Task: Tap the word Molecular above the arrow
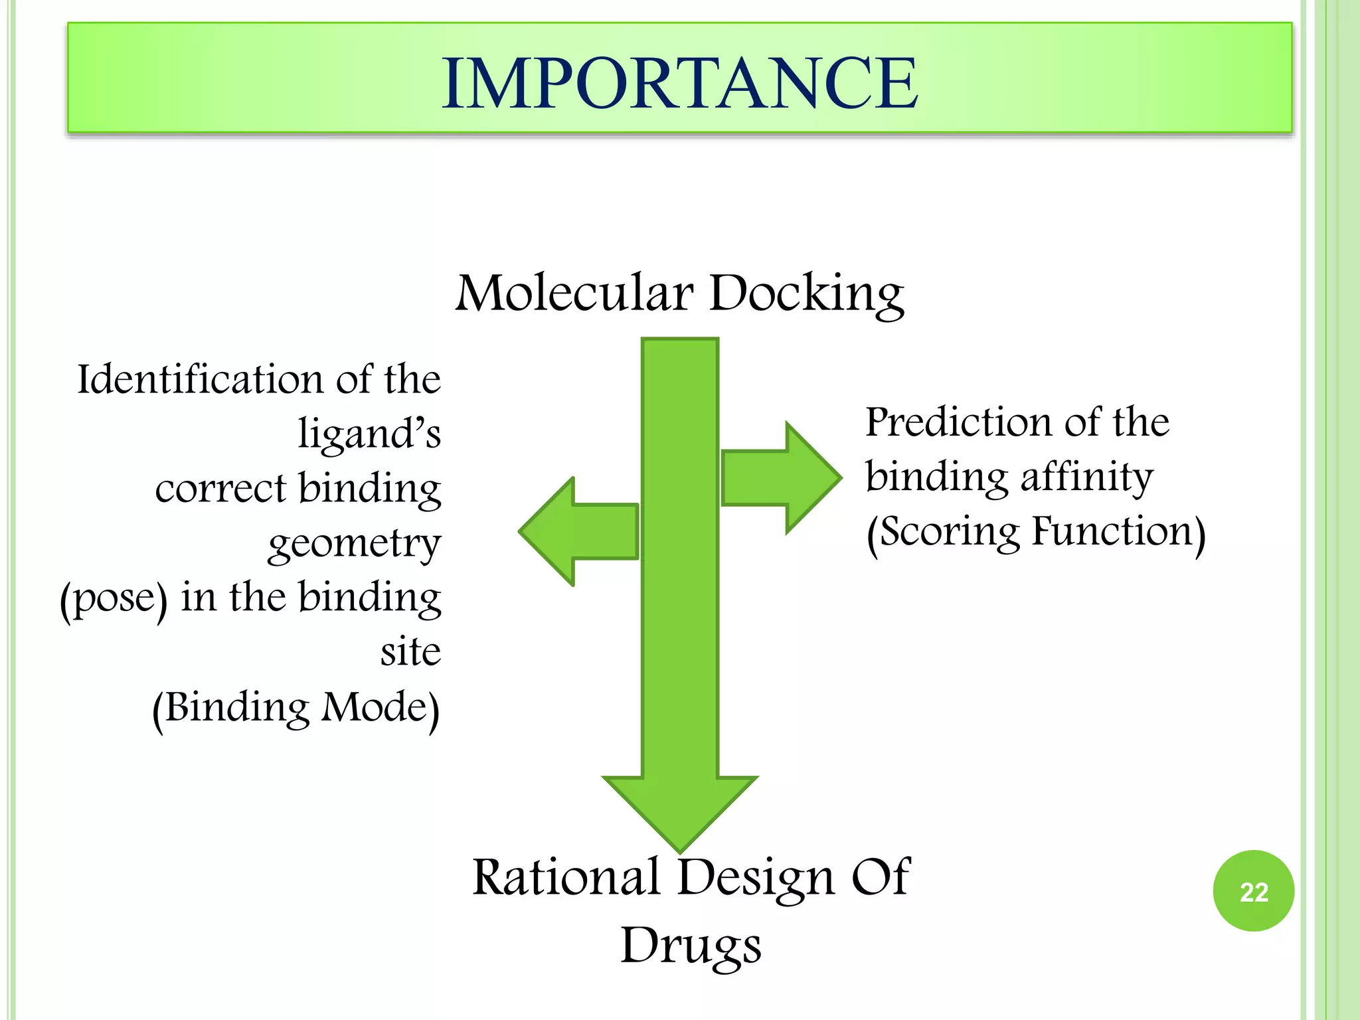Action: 574,293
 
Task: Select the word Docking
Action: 806,293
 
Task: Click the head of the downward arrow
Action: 680,810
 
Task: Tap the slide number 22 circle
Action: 1253,891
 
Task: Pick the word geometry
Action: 354,545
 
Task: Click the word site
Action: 410,652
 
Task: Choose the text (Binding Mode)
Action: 296,708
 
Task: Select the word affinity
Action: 1086,477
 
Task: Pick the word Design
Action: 755,879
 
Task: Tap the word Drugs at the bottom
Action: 691,946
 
